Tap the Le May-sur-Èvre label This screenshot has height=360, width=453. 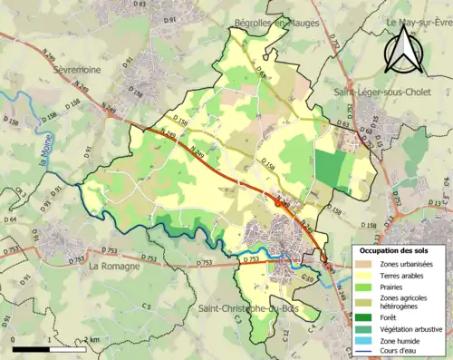tap(417, 23)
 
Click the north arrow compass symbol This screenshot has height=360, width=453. tap(404, 49)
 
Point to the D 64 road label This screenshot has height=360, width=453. tap(9, 219)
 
